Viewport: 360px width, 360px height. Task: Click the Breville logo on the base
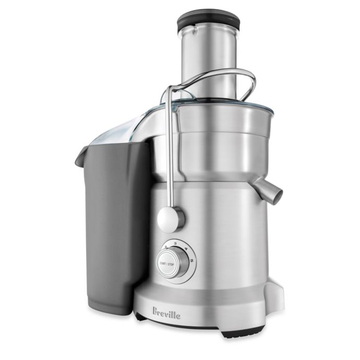pos(166,313)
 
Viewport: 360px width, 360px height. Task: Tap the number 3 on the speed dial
pos(175,243)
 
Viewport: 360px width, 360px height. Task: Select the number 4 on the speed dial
pos(186,249)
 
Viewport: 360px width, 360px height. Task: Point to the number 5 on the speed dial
pos(191,260)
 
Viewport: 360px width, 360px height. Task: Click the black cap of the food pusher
pos(209,21)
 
